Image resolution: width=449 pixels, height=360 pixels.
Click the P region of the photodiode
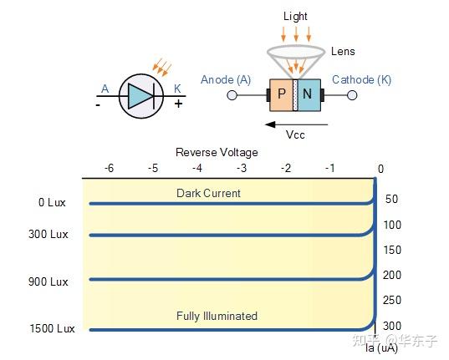(x=281, y=95)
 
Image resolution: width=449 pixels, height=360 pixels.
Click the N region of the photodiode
(x=309, y=95)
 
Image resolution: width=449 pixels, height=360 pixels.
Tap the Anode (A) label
(x=226, y=80)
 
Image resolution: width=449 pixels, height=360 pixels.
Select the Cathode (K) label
(x=361, y=80)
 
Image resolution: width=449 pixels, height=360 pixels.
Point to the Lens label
(x=343, y=52)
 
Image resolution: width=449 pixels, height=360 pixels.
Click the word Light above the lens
(x=295, y=17)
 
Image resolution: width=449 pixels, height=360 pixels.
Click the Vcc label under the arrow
(x=295, y=134)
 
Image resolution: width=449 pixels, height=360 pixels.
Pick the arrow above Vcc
(x=296, y=124)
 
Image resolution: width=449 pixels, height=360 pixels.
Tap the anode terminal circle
(x=232, y=95)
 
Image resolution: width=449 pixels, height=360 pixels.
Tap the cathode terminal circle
(x=352, y=95)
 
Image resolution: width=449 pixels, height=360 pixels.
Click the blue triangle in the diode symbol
(x=139, y=96)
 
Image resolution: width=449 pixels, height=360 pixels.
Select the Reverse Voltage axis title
(x=217, y=153)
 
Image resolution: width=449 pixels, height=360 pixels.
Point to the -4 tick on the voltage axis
(x=197, y=168)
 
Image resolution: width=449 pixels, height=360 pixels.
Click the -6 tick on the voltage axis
(x=109, y=168)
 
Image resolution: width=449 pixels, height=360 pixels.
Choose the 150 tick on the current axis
(x=392, y=250)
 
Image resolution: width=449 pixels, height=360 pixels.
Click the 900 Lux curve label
(x=48, y=281)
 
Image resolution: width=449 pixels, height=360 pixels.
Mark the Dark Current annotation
(x=208, y=193)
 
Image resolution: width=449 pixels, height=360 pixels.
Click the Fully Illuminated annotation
(x=217, y=316)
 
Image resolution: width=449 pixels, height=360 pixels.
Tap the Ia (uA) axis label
(x=382, y=348)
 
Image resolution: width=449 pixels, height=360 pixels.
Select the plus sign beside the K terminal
(x=178, y=104)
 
